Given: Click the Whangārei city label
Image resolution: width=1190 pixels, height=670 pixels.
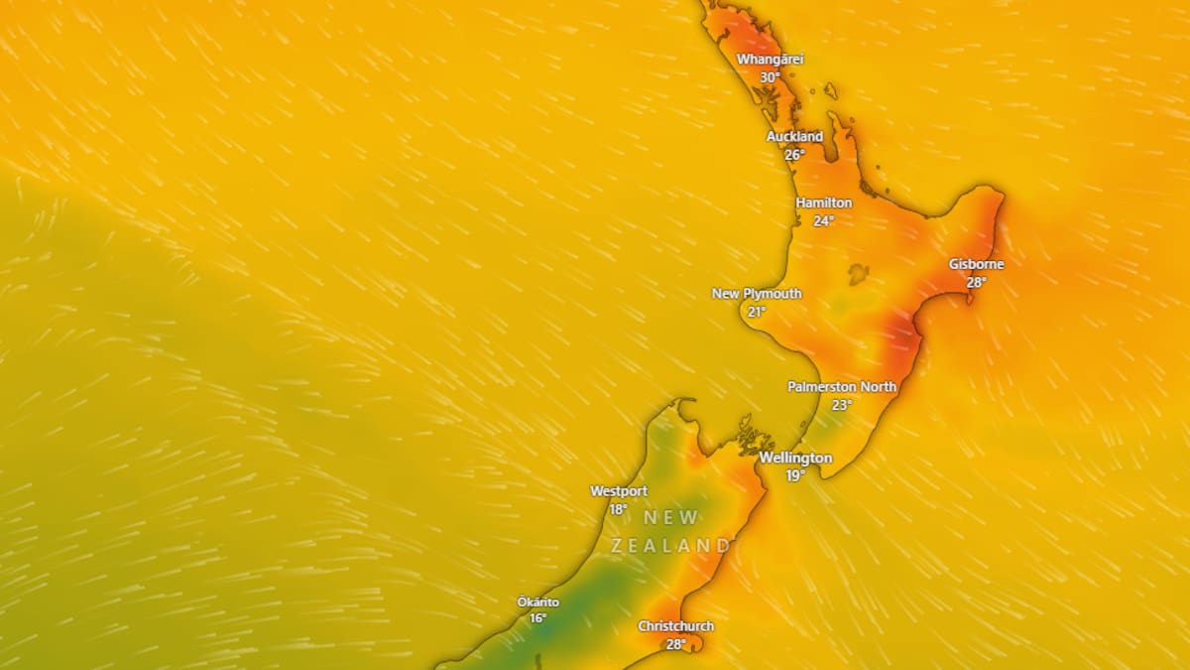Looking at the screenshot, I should (x=770, y=60).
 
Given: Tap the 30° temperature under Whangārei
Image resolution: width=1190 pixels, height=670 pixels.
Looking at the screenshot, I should (x=770, y=77).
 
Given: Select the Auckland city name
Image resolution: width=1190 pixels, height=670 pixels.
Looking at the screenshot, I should (x=794, y=136).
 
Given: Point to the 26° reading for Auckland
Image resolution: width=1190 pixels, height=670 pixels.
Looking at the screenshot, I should (x=794, y=155).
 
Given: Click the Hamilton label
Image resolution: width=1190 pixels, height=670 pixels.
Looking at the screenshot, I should (x=823, y=202).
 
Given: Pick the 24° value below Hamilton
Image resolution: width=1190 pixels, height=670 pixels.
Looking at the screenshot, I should (x=823, y=221).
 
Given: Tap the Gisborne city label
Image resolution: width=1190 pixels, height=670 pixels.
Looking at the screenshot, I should (x=976, y=264).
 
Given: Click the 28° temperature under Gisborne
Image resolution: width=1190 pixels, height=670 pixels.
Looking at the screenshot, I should (x=976, y=283).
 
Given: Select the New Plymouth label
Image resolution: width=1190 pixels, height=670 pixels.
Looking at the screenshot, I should (x=757, y=294).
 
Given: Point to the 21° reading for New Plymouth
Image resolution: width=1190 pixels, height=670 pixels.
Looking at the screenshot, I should (x=757, y=312).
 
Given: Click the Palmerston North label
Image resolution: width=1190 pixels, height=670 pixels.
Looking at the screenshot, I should (x=842, y=386).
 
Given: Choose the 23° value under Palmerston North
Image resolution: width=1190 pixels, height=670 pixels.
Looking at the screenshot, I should (x=842, y=405).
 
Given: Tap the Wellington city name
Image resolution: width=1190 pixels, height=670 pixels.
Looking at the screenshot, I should (x=795, y=458).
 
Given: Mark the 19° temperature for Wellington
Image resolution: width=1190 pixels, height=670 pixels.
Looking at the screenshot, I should (x=795, y=476).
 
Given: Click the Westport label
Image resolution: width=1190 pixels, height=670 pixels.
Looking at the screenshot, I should (x=618, y=491).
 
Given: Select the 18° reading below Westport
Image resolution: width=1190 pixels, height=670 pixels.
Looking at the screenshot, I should (x=618, y=510).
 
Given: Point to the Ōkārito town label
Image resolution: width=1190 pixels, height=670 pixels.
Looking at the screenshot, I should (x=537, y=602).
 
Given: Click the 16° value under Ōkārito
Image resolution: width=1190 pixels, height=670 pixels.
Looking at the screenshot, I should (x=537, y=619).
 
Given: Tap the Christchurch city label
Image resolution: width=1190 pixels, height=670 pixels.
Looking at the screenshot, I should (x=675, y=626).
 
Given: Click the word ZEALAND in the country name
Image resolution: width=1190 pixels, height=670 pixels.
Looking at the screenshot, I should (x=670, y=546).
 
